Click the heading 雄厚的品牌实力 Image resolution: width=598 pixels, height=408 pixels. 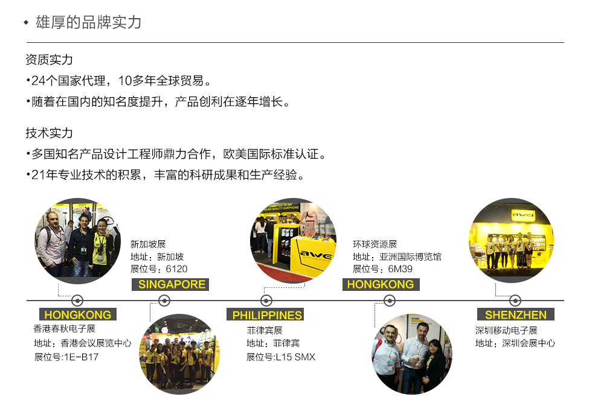(x=89, y=23)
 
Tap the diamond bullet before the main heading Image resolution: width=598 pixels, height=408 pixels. (x=26, y=23)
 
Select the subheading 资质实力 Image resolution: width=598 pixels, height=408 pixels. (x=50, y=60)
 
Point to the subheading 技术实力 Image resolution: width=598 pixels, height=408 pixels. (x=50, y=133)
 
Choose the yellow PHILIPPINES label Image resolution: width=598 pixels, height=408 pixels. (x=266, y=315)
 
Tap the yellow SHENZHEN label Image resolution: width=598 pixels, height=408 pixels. (x=515, y=315)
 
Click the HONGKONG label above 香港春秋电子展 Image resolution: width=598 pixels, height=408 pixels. (x=77, y=315)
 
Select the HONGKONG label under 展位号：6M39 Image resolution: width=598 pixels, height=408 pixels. (x=381, y=284)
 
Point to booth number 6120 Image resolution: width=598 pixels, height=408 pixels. (x=176, y=269)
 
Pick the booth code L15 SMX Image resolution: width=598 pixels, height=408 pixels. (x=295, y=357)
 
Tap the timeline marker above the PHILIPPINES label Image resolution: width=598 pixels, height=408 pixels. (x=266, y=301)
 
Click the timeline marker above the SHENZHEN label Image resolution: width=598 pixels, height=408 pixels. (x=515, y=301)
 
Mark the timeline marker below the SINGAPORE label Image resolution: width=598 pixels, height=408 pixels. (x=164, y=301)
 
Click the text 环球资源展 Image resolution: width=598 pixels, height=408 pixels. (x=375, y=244)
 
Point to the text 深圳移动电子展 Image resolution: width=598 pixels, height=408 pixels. (x=506, y=330)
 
